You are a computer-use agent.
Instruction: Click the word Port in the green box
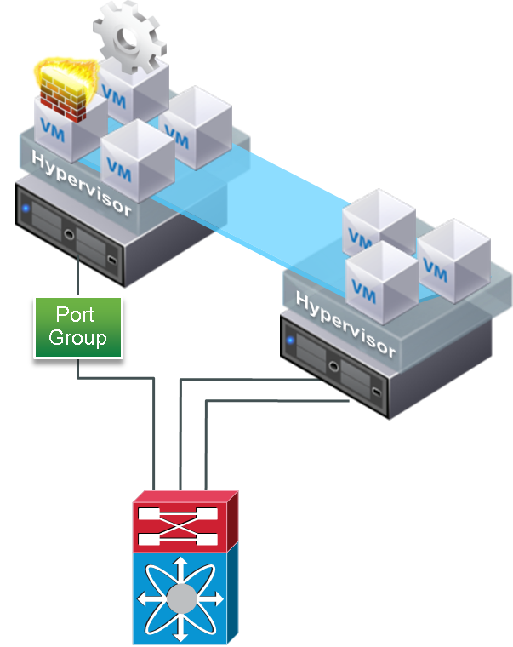point(76,315)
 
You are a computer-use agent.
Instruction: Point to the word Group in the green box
point(77,338)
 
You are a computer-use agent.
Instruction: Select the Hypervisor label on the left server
point(82,182)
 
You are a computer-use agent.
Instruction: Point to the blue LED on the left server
point(26,207)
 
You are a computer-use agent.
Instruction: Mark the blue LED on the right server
point(291,341)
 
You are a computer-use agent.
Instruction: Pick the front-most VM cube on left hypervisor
point(136,162)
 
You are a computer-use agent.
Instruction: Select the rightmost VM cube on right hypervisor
point(453,263)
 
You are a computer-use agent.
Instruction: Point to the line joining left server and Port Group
point(79,277)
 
